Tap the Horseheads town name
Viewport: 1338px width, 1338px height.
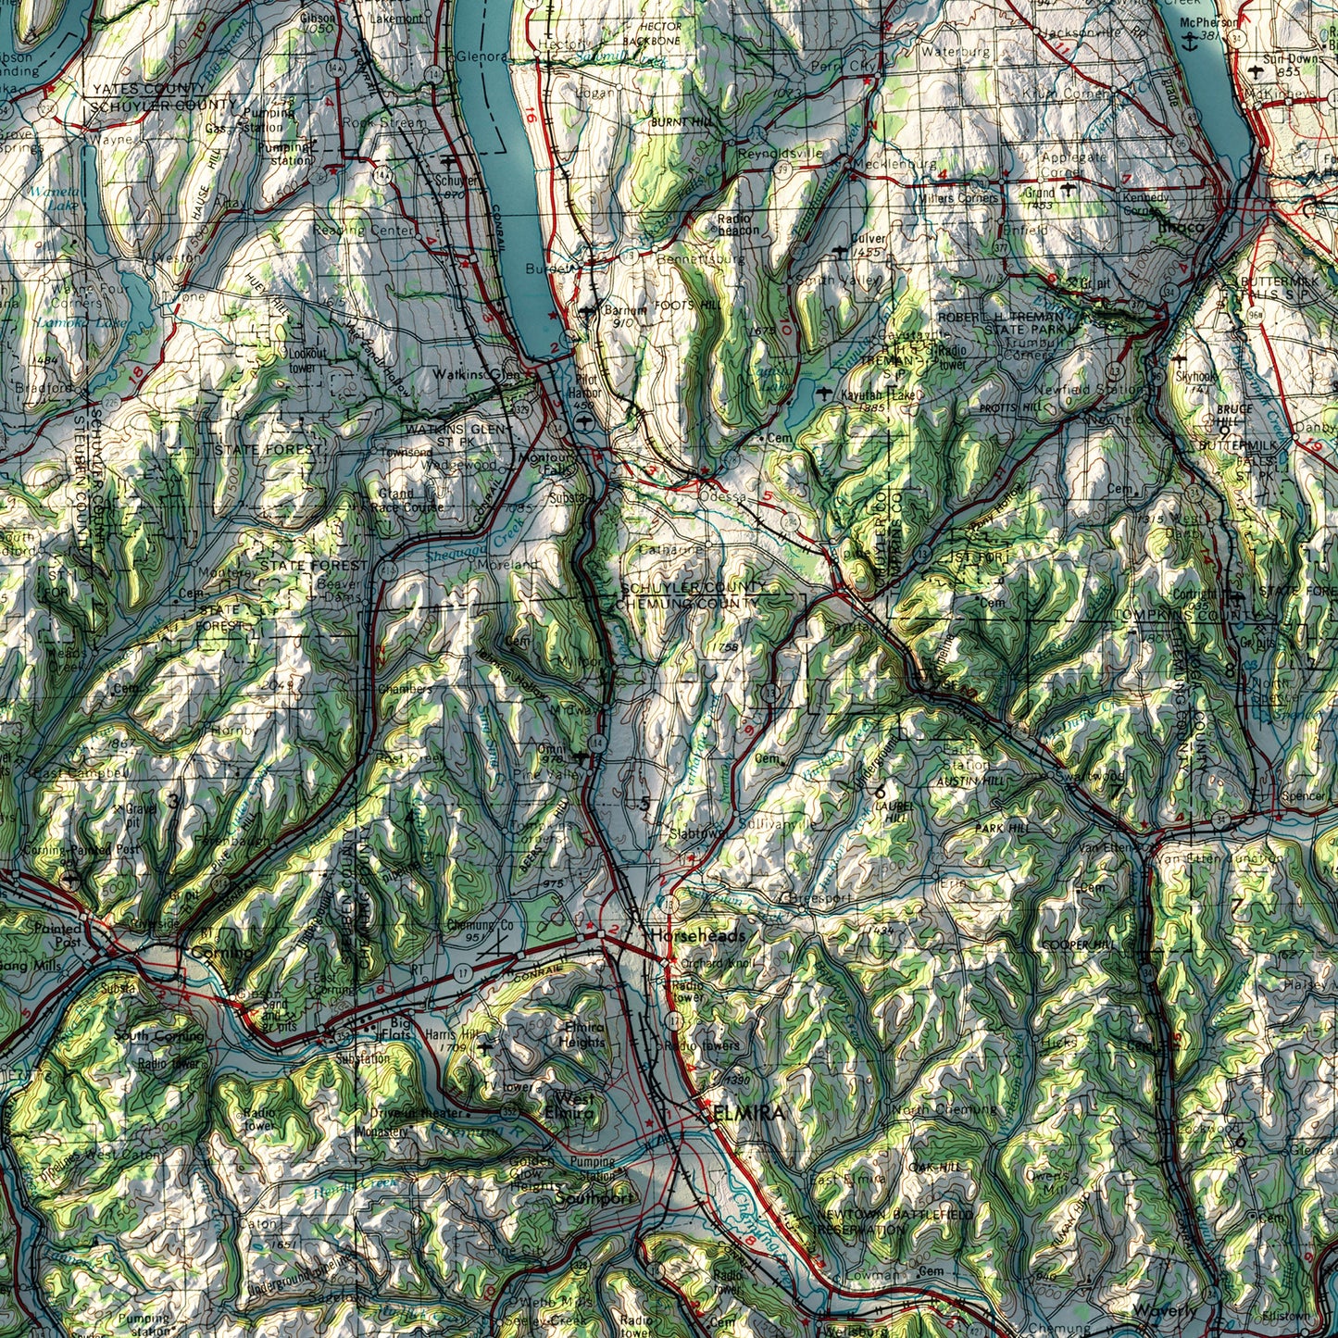click(696, 936)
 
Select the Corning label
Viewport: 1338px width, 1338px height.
click(221, 953)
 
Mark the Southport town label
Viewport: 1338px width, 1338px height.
click(593, 1198)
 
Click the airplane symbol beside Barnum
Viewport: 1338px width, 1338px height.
click(588, 311)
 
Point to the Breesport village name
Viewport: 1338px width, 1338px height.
click(815, 897)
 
